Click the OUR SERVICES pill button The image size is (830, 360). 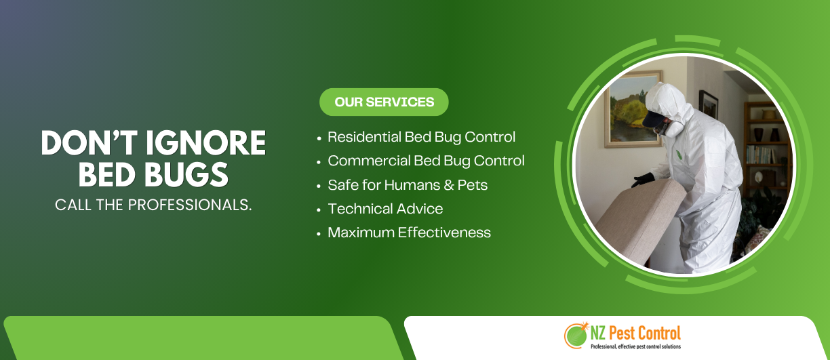point(384,102)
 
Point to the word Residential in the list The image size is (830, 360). point(364,137)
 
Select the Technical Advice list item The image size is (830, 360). point(385,209)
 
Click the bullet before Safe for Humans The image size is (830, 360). point(319,186)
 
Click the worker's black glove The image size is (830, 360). point(642,180)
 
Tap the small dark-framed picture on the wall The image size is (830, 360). point(708,105)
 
